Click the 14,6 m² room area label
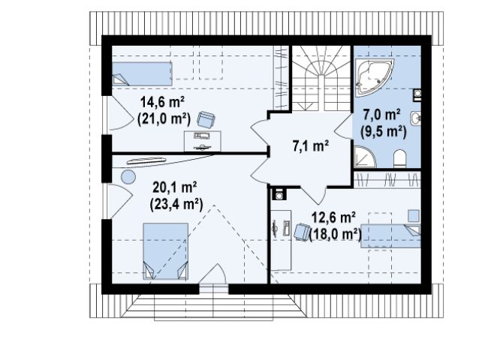pyautogui.click(x=162, y=102)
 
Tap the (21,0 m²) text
pyautogui.click(x=164, y=118)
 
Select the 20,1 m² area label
pyautogui.click(x=175, y=187)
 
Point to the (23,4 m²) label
pyautogui.click(x=176, y=204)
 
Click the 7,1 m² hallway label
pyautogui.click(x=311, y=145)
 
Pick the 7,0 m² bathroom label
pyautogui.click(x=381, y=115)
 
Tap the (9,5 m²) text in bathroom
pyautogui.click(x=384, y=131)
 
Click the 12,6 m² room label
pyautogui.click(x=333, y=217)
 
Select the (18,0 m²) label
pyautogui.click(x=336, y=235)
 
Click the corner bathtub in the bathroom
pyautogui.click(x=372, y=76)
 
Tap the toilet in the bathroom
pyautogui.click(x=400, y=159)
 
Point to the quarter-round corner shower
pyautogui.click(x=364, y=157)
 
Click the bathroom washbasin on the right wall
pyautogui.click(x=416, y=118)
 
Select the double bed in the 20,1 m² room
pyautogui.click(x=166, y=251)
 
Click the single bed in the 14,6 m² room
pyautogui.click(x=142, y=73)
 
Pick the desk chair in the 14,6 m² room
pyautogui.click(x=206, y=119)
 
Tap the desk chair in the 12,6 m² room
pyautogui.click(x=302, y=232)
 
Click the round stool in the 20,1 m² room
pyautogui.click(x=128, y=177)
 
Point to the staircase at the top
pyautogui.click(x=321, y=78)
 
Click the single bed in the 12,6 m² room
pyautogui.click(x=390, y=236)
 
